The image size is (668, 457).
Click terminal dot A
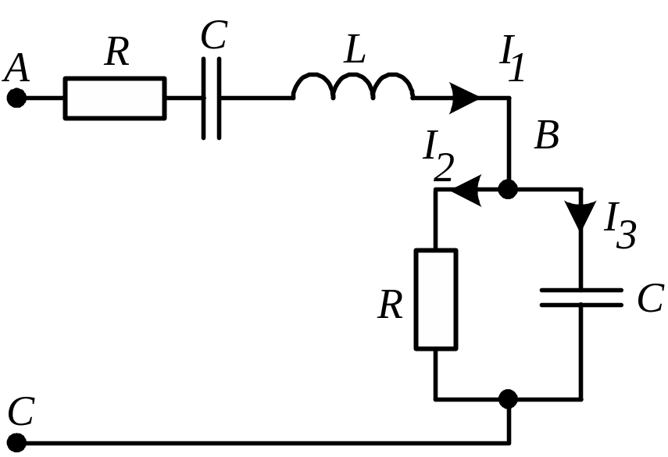[x=16, y=98]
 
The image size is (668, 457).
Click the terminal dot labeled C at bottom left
[x=16, y=442]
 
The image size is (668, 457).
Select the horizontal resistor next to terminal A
[x=115, y=98]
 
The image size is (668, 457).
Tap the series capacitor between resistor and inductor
[x=211, y=98]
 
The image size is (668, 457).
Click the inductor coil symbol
[x=352, y=87]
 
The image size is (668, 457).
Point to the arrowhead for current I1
[x=464, y=98]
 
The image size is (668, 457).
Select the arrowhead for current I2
[x=466, y=190]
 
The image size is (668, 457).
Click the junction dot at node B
[x=508, y=189]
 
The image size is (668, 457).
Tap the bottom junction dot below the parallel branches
[x=508, y=399]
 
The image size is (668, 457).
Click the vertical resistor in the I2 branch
[x=436, y=299]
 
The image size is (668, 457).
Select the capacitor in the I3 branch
[x=581, y=298]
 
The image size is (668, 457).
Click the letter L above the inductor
[x=355, y=49]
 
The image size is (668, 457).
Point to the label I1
[x=512, y=59]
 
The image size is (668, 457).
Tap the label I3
[x=620, y=225]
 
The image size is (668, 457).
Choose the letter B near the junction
[x=547, y=134]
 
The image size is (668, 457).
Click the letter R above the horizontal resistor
[x=116, y=52]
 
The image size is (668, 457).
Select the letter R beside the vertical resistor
[x=390, y=305]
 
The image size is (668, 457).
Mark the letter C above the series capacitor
[x=214, y=34]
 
